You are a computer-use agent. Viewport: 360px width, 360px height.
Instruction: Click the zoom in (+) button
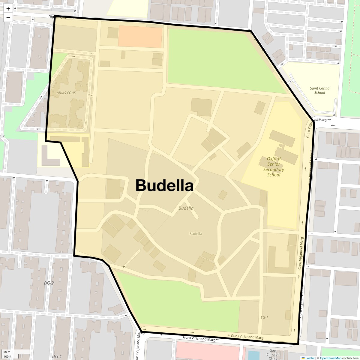click(8, 9)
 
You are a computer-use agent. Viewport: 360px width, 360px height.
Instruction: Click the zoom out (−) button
click(8, 18)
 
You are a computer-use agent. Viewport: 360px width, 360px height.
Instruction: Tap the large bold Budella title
click(164, 185)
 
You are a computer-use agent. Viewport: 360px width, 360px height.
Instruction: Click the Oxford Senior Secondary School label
click(274, 167)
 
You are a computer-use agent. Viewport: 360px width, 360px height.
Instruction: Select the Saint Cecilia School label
click(319, 90)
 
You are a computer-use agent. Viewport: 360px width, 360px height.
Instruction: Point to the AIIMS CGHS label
click(66, 93)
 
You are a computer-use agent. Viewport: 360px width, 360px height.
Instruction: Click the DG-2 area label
click(49, 283)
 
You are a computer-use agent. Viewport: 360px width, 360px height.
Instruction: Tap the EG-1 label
click(264, 317)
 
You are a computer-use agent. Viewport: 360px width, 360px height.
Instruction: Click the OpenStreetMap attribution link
click(330, 358)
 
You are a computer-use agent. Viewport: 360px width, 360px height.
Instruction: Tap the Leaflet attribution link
click(310, 358)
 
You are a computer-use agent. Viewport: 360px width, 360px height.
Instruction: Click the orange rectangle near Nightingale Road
click(140, 36)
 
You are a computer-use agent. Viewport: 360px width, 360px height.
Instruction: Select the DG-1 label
click(57, 356)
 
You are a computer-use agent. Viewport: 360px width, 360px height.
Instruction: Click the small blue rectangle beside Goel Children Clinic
click(254, 355)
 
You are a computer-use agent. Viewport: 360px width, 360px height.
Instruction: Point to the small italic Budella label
click(186, 208)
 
